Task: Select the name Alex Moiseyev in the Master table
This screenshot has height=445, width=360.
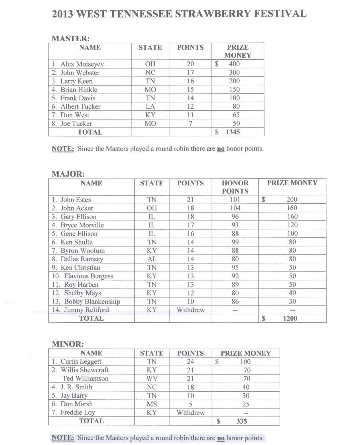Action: pos(82,64)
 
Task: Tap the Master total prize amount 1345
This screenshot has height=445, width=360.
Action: pos(233,132)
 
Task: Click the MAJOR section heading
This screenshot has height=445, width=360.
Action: pos(68,174)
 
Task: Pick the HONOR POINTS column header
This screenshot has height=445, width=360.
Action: pos(235,187)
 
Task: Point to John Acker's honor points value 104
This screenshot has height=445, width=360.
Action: pos(235,208)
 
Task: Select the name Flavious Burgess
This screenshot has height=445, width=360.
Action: pos(88,276)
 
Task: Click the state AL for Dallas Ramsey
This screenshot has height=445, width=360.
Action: pos(152,259)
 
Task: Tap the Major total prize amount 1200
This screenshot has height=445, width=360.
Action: pos(290,318)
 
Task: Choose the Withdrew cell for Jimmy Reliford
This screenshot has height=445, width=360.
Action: pos(190,310)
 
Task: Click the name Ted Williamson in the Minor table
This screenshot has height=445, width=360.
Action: pos(86,379)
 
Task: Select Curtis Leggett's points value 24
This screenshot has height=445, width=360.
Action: pos(190,362)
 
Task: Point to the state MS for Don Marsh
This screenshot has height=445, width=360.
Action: pos(152,404)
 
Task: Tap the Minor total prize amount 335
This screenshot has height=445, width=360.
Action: pos(241,421)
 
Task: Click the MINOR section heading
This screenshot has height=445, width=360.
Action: pos(68,344)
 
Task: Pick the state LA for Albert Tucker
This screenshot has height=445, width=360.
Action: pos(150,107)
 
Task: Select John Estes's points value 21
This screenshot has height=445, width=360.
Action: pos(190,200)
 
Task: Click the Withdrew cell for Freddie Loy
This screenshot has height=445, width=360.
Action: pos(190,412)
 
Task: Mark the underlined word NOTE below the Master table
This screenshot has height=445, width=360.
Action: pos(63,149)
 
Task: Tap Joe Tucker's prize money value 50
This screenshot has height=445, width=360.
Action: pos(236,124)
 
